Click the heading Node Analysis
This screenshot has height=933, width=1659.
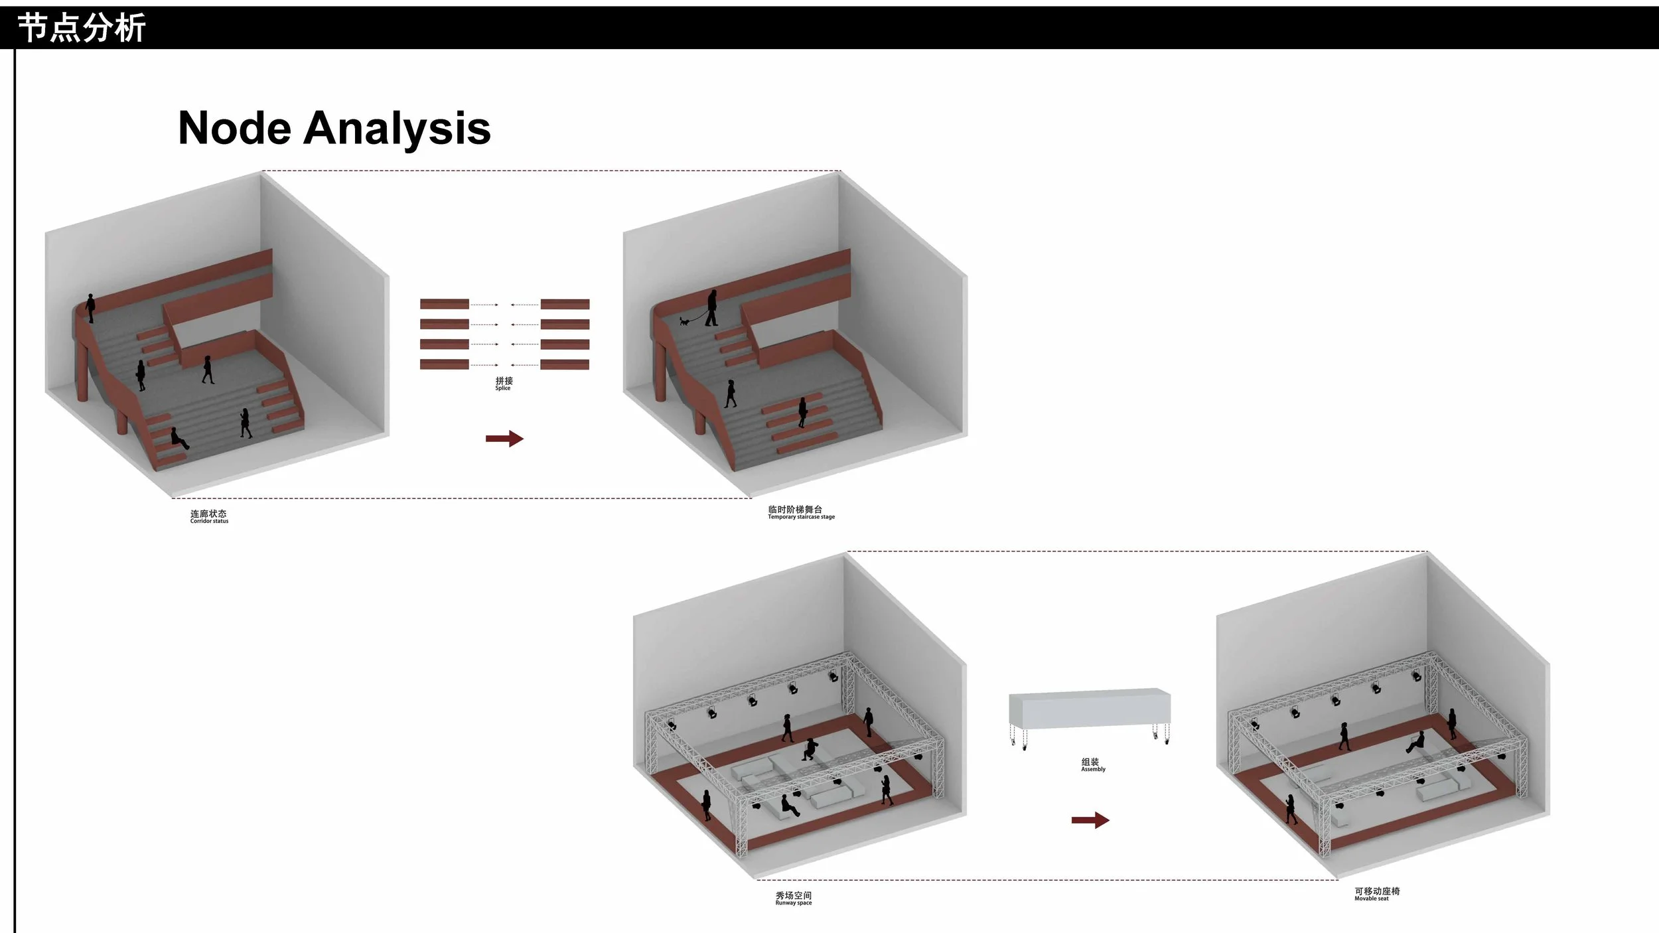tap(334, 129)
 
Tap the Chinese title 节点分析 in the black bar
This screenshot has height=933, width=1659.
tap(81, 29)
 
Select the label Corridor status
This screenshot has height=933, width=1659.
tap(209, 521)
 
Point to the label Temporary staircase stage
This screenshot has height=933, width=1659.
tap(801, 517)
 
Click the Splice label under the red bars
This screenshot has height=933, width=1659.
tap(503, 388)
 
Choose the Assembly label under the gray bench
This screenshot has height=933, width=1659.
tap(1093, 770)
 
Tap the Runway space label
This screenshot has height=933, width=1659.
tap(793, 903)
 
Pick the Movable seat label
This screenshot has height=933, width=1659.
tap(1371, 899)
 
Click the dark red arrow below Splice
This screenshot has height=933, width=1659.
tap(504, 439)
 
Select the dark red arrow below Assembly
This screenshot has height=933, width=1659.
tap(1090, 821)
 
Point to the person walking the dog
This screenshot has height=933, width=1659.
tap(711, 308)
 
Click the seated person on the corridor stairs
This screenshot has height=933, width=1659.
tap(178, 439)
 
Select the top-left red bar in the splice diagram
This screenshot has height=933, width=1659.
tap(444, 304)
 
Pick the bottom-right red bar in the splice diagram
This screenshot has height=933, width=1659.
tap(565, 364)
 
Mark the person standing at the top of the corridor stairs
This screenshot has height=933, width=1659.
tap(90, 309)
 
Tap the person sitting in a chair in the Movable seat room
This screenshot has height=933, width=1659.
tap(1415, 743)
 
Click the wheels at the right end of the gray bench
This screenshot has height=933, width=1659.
tap(1161, 733)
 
